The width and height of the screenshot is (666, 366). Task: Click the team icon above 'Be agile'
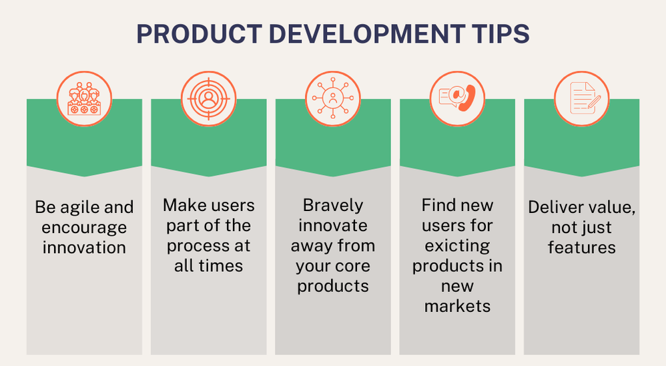pos(84,99)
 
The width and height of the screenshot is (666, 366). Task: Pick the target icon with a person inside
pos(208,99)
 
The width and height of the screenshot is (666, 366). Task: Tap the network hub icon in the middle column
pos(332,99)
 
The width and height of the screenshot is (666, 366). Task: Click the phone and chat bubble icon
pos(457,99)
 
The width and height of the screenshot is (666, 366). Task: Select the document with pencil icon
pos(581,99)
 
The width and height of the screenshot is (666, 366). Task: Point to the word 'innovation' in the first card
pos(84,247)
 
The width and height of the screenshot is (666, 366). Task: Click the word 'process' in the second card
pos(193,246)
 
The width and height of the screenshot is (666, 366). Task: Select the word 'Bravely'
pos(332,204)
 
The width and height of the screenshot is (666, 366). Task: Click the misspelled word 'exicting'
pos(457,245)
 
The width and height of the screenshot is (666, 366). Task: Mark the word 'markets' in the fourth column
pos(457,307)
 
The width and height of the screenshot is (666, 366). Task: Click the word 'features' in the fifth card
pos(581,247)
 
